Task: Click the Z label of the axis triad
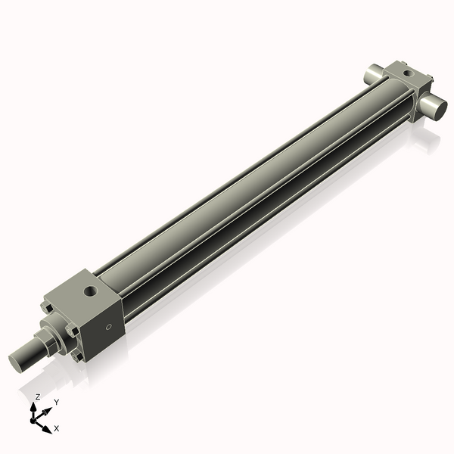[37, 396]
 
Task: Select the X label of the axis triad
[57, 428]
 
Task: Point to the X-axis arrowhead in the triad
[47, 428]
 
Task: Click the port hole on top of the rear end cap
[408, 73]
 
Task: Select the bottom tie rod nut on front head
[78, 354]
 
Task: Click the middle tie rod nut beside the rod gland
[70, 331]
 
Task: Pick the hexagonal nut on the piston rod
[45, 343]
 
